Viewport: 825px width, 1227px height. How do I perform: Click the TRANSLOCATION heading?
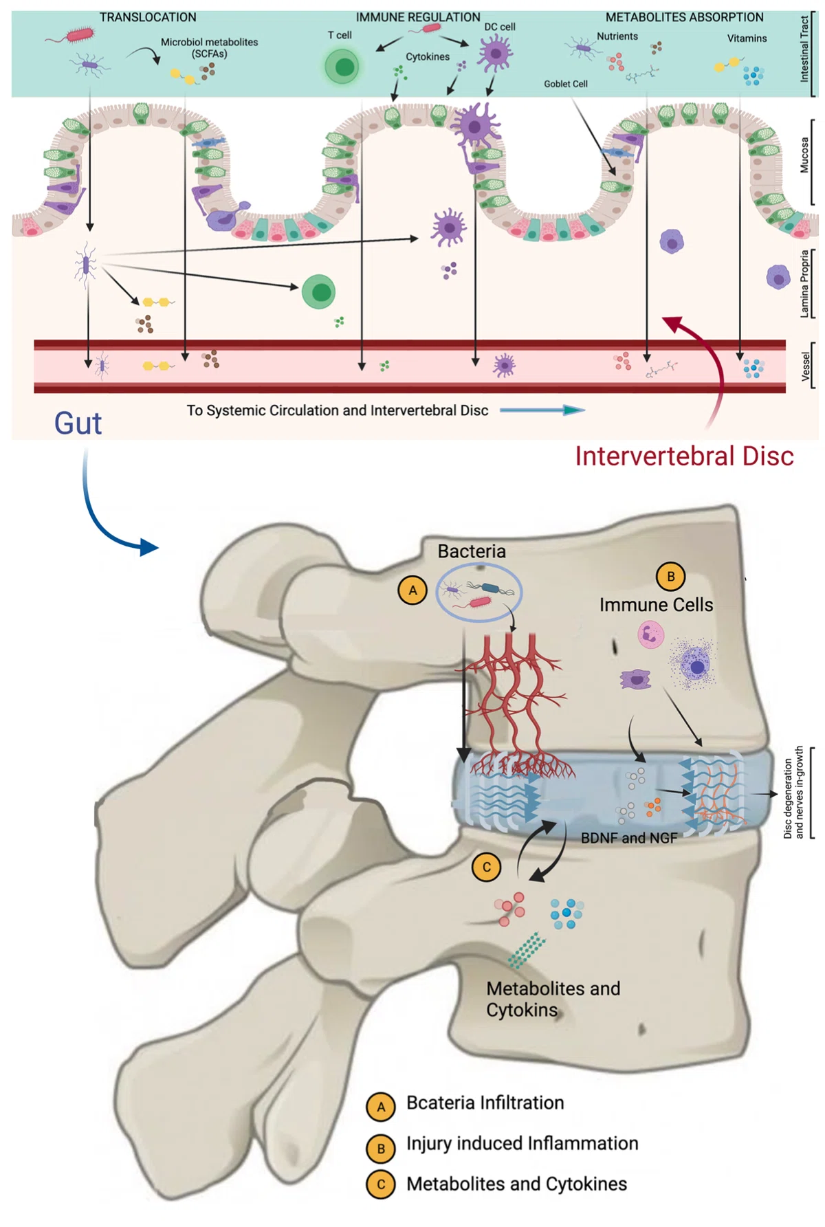pos(148,17)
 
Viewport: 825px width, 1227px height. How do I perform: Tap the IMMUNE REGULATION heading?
pos(418,17)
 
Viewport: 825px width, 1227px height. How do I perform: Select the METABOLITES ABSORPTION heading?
pos(684,17)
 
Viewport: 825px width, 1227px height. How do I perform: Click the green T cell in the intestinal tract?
pos(342,67)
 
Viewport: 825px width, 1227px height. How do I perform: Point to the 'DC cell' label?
pos(500,27)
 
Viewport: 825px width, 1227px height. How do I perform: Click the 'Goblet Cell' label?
pos(566,84)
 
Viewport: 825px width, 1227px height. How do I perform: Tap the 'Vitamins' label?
pos(747,38)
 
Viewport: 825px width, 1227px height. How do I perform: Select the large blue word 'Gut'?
pos(78,423)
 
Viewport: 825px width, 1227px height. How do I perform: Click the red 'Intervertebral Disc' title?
pos(684,456)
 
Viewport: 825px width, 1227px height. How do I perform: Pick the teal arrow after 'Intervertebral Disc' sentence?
pos(542,410)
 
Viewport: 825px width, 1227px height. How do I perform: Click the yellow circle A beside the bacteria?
pos(412,590)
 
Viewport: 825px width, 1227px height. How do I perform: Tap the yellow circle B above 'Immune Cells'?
pos(671,576)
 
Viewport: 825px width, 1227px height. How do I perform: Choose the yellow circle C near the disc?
pos(486,867)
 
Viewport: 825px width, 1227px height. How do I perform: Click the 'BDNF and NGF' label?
pos(629,838)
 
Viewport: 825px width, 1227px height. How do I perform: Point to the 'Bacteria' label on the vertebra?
pos(472,551)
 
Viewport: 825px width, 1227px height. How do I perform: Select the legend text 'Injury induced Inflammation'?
pos(522,1143)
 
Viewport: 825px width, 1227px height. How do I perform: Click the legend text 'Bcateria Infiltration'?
pos(485,1103)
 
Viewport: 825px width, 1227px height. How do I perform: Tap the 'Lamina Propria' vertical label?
pos(804,284)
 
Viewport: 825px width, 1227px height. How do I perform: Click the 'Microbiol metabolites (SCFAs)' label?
pos(209,47)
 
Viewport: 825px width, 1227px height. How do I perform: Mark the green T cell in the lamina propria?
pos(318,291)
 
